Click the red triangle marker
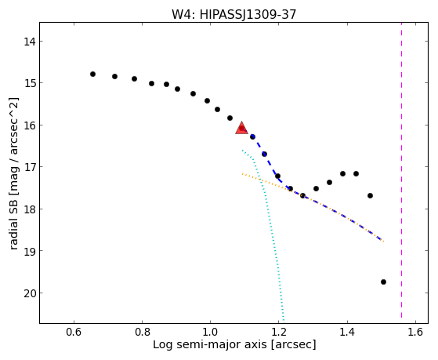pos(241,128)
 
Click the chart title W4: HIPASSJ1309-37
pos(233,14)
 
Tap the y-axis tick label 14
pos(29,42)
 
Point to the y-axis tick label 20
pos(29,293)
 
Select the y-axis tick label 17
pos(29,167)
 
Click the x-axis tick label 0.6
pos(74,332)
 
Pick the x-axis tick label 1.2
pos(279,332)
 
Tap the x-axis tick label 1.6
pos(415,332)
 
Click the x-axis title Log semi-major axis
pos(210,344)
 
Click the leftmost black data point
pos(92,75)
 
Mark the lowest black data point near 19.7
pos(383,282)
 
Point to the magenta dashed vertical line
pos(402,170)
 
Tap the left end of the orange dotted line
pos(242,173)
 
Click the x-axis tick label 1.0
pos(210,332)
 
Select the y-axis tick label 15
pos(29,83)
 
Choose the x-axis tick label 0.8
pos(142,332)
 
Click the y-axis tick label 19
pos(29,251)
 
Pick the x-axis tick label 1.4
pos(347,332)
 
